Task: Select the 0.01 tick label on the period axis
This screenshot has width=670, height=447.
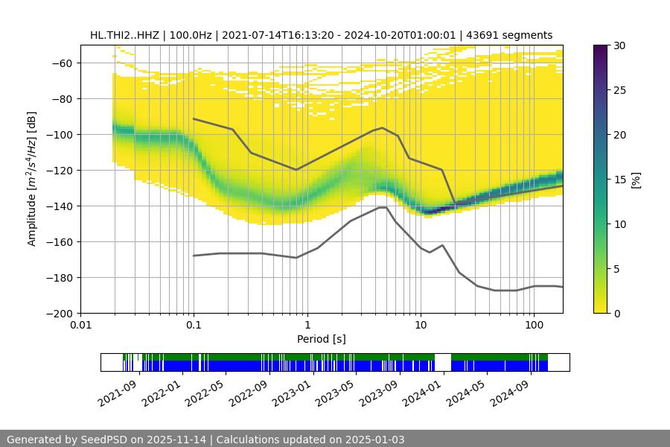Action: (80, 326)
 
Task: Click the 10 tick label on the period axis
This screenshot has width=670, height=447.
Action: (421, 326)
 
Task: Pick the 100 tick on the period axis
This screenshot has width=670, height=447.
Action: (534, 326)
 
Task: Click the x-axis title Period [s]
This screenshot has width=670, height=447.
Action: (322, 340)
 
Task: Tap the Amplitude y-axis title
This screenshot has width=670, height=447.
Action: (32, 179)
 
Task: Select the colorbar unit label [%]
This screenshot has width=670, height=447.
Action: (636, 179)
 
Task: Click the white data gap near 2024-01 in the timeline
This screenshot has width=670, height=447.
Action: (443, 362)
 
